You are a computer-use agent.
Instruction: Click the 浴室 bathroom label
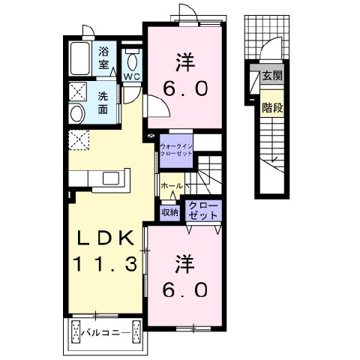(103, 58)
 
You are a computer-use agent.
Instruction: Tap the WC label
(132, 77)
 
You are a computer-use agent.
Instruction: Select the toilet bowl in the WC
(132, 62)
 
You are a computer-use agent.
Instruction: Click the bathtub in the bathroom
(80, 58)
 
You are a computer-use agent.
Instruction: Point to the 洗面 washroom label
(103, 103)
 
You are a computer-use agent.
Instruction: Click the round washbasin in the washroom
(77, 114)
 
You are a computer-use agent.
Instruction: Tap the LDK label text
(105, 238)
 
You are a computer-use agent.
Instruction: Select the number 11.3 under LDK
(105, 265)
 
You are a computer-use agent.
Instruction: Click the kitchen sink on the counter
(111, 178)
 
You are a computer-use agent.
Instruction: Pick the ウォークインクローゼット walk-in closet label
(176, 150)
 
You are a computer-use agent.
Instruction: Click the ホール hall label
(172, 186)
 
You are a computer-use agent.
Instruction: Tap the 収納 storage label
(169, 212)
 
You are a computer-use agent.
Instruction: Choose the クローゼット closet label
(203, 211)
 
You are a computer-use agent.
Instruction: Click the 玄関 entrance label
(272, 76)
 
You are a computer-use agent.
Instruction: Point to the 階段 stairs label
(272, 108)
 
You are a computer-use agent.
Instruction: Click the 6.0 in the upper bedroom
(185, 88)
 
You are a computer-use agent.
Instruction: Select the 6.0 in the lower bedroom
(185, 289)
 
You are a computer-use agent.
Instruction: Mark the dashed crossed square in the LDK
(79, 140)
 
